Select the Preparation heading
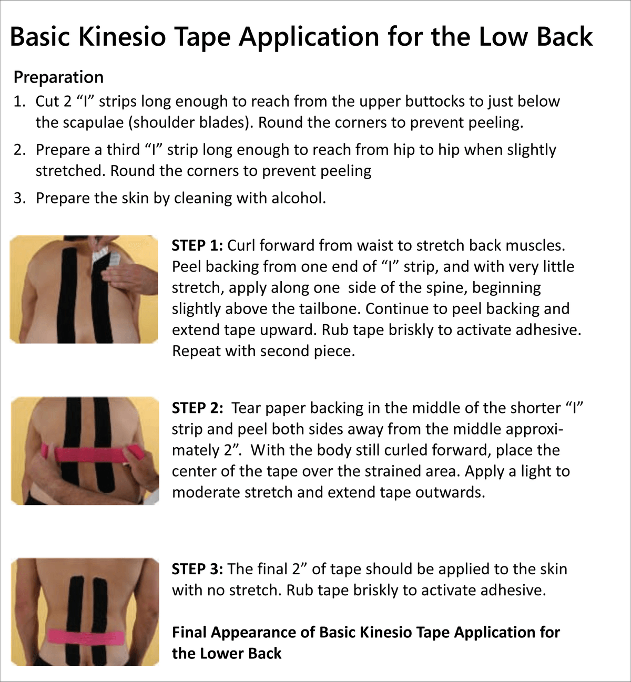[58, 77]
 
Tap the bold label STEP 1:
[198, 245]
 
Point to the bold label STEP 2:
[198, 408]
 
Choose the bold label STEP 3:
[198, 569]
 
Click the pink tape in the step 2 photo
[89, 453]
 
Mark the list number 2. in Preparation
[20, 150]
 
